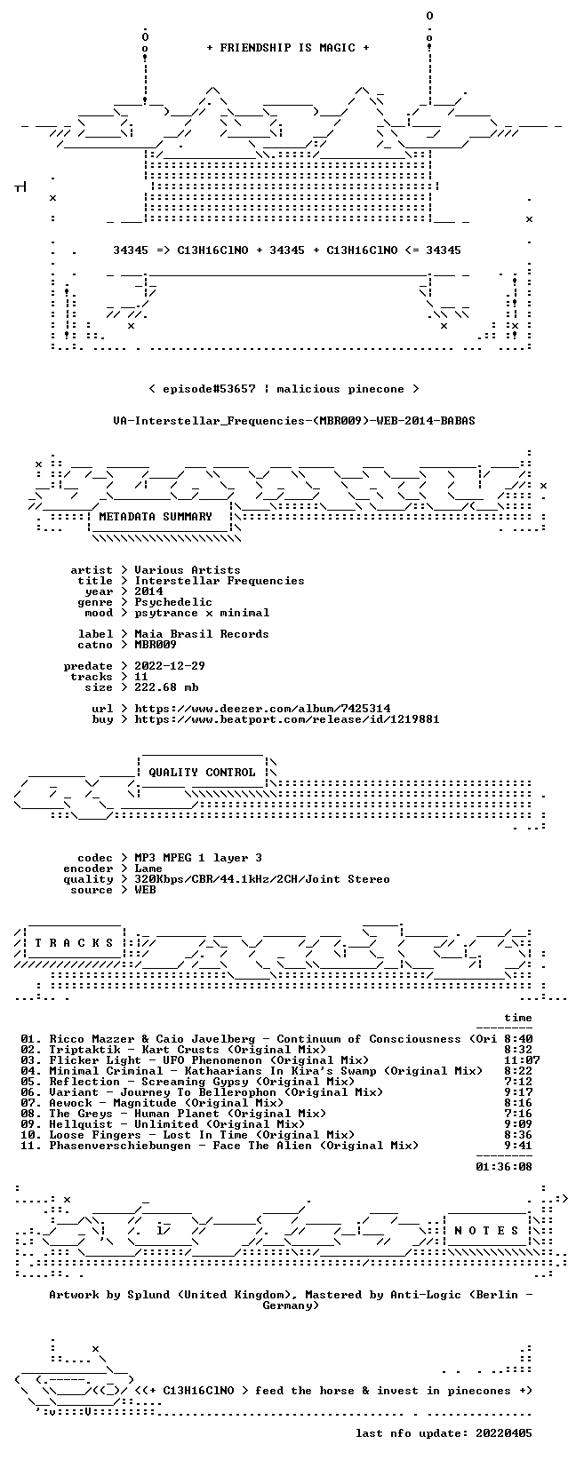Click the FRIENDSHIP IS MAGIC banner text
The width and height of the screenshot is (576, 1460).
(x=288, y=48)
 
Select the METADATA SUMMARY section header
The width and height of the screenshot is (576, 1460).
(x=156, y=517)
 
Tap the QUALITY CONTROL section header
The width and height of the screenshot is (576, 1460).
(x=202, y=773)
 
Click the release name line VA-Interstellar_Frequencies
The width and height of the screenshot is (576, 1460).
(x=294, y=421)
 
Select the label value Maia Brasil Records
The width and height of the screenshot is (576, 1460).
(x=202, y=634)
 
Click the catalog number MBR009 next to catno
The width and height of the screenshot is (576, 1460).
(x=156, y=645)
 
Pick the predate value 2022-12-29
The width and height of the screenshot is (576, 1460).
(x=170, y=666)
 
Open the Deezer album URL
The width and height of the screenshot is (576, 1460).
(x=262, y=709)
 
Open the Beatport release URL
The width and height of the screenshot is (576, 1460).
(x=287, y=719)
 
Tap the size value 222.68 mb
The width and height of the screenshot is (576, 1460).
(x=166, y=687)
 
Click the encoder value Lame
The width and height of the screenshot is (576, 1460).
(x=148, y=869)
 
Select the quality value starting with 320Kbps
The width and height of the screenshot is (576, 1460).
(x=262, y=879)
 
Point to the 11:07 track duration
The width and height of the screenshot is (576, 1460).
(x=522, y=1060)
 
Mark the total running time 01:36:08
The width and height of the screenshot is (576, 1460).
(x=504, y=1167)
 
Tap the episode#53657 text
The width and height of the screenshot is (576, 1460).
(x=209, y=389)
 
